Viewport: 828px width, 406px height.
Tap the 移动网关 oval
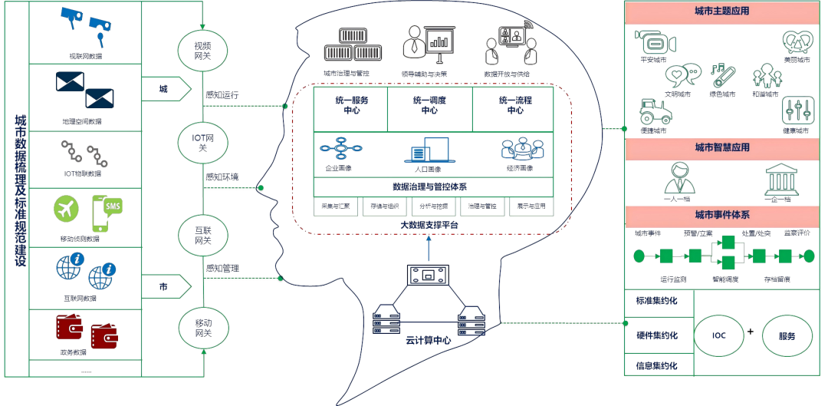pos(203,327)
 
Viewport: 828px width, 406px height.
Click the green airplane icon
pos(67,209)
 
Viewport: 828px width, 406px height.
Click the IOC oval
pos(718,336)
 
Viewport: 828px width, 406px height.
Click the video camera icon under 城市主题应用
pos(654,42)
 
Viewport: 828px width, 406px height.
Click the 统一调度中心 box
pos(429,105)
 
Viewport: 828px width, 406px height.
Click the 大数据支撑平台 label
pos(429,225)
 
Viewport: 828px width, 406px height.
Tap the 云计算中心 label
pos(429,338)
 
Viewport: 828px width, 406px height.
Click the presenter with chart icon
pos(425,45)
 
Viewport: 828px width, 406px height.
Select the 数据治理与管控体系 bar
pos(434,186)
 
